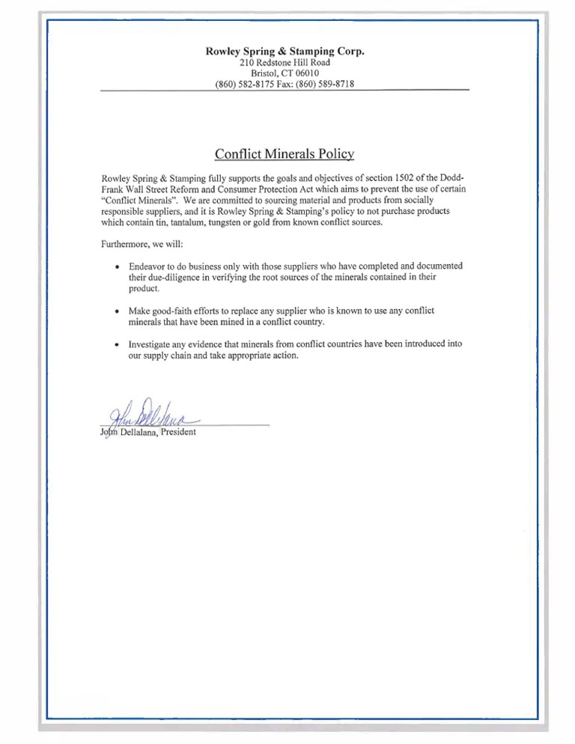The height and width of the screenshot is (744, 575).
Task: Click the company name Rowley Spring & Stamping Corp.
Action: tap(285, 51)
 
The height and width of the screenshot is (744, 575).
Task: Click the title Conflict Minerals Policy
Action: tap(285, 154)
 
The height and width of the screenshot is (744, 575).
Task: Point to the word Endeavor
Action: tap(149, 266)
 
